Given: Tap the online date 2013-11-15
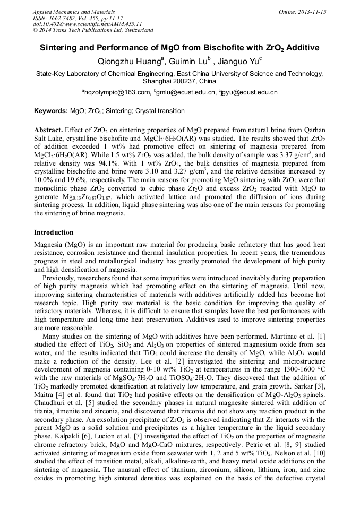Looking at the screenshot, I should coord(312,12).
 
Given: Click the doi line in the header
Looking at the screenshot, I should coord(87,24).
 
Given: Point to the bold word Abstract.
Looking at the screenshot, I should coord(48,130).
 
